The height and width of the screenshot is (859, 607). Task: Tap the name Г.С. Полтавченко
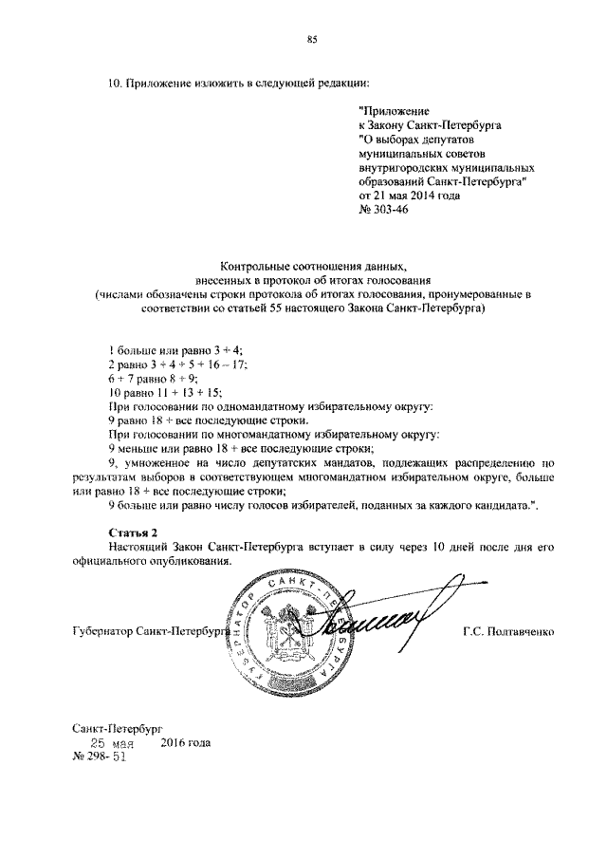coord(510,631)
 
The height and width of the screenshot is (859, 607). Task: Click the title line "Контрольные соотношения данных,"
coord(312,267)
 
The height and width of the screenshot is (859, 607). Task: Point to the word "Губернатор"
coord(101,631)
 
